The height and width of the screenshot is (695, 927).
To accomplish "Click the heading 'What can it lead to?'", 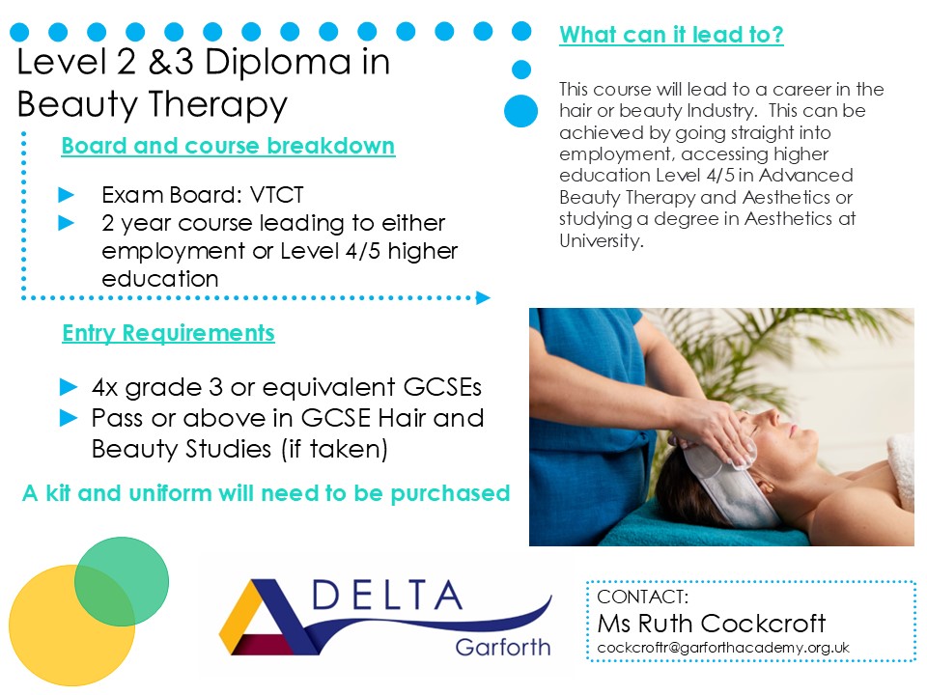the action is (x=671, y=35).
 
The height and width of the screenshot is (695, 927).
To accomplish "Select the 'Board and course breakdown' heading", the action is (x=228, y=146).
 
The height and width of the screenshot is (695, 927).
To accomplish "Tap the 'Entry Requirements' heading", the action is (x=168, y=333).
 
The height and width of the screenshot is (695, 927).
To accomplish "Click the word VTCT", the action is (x=277, y=194).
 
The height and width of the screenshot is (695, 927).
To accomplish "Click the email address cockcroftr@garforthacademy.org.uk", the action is (x=723, y=648).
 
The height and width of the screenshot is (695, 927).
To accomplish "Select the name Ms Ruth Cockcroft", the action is (x=712, y=623).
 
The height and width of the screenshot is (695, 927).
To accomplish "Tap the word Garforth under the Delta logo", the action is (x=502, y=647).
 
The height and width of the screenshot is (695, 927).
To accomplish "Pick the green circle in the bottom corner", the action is (x=122, y=581).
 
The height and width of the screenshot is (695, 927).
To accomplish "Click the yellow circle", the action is (x=71, y=625).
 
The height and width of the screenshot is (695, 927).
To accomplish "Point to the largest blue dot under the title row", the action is (x=520, y=111).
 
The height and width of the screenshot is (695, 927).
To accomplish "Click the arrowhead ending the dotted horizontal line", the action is (x=483, y=298).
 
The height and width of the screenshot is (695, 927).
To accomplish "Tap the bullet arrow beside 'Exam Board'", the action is (x=67, y=194).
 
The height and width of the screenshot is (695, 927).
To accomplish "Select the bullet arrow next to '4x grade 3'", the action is (x=69, y=387).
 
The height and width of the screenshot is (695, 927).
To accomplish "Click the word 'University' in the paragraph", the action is (x=600, y=240).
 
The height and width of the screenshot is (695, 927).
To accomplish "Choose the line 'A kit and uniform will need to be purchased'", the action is (x=267, y=493).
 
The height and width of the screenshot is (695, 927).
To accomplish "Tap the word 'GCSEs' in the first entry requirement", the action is (x=442, y=387).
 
